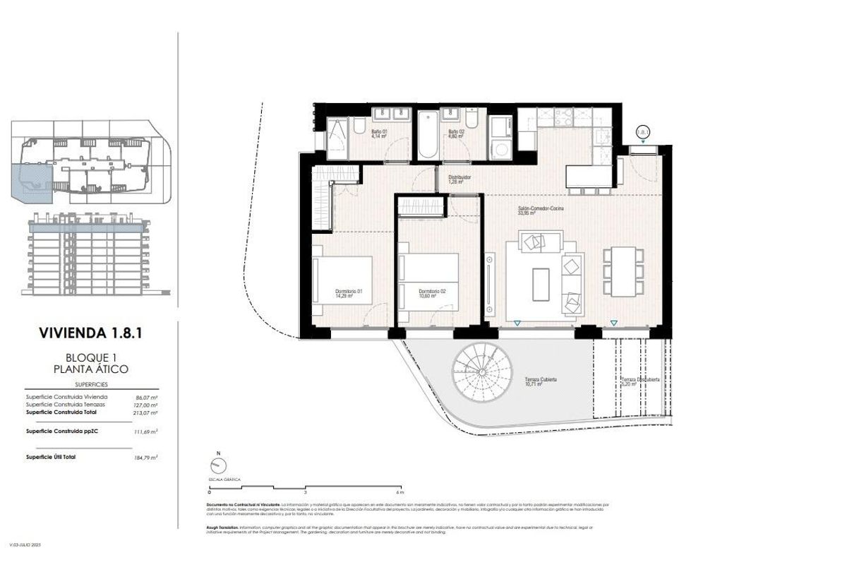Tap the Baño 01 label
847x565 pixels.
(380, 132)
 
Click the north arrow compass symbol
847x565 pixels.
(218, 465)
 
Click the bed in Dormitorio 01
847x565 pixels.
(344, 280)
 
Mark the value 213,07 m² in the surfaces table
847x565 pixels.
(145, 412)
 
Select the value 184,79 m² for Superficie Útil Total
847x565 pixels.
(145, 458)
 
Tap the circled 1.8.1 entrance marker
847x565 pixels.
(642, 132)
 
